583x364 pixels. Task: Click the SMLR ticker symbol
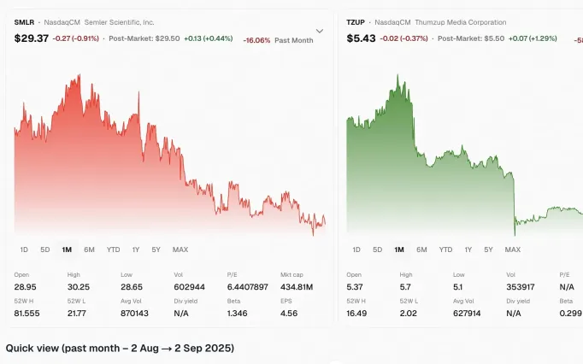tap(25, 21)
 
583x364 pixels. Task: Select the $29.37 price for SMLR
tap(31, 38)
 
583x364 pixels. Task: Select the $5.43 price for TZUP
tap(360, 38)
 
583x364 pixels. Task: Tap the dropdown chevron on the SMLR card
tap(320, 32)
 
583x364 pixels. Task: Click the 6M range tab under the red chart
tap(89, 250)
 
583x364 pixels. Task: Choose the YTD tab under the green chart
tap(445, 250)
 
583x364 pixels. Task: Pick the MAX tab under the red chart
tap(180, 250)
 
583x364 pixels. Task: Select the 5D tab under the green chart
tap(377, 250)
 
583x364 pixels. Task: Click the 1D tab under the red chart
tap(24, 250)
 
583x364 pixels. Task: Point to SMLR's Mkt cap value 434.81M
tap(297, 286)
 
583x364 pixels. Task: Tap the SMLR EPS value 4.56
tap(288, 314)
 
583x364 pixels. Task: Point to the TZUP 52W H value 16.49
tap(357, 314)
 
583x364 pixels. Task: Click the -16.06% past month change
tap(257, 40)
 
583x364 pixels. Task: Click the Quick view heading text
tap(120, 349)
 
